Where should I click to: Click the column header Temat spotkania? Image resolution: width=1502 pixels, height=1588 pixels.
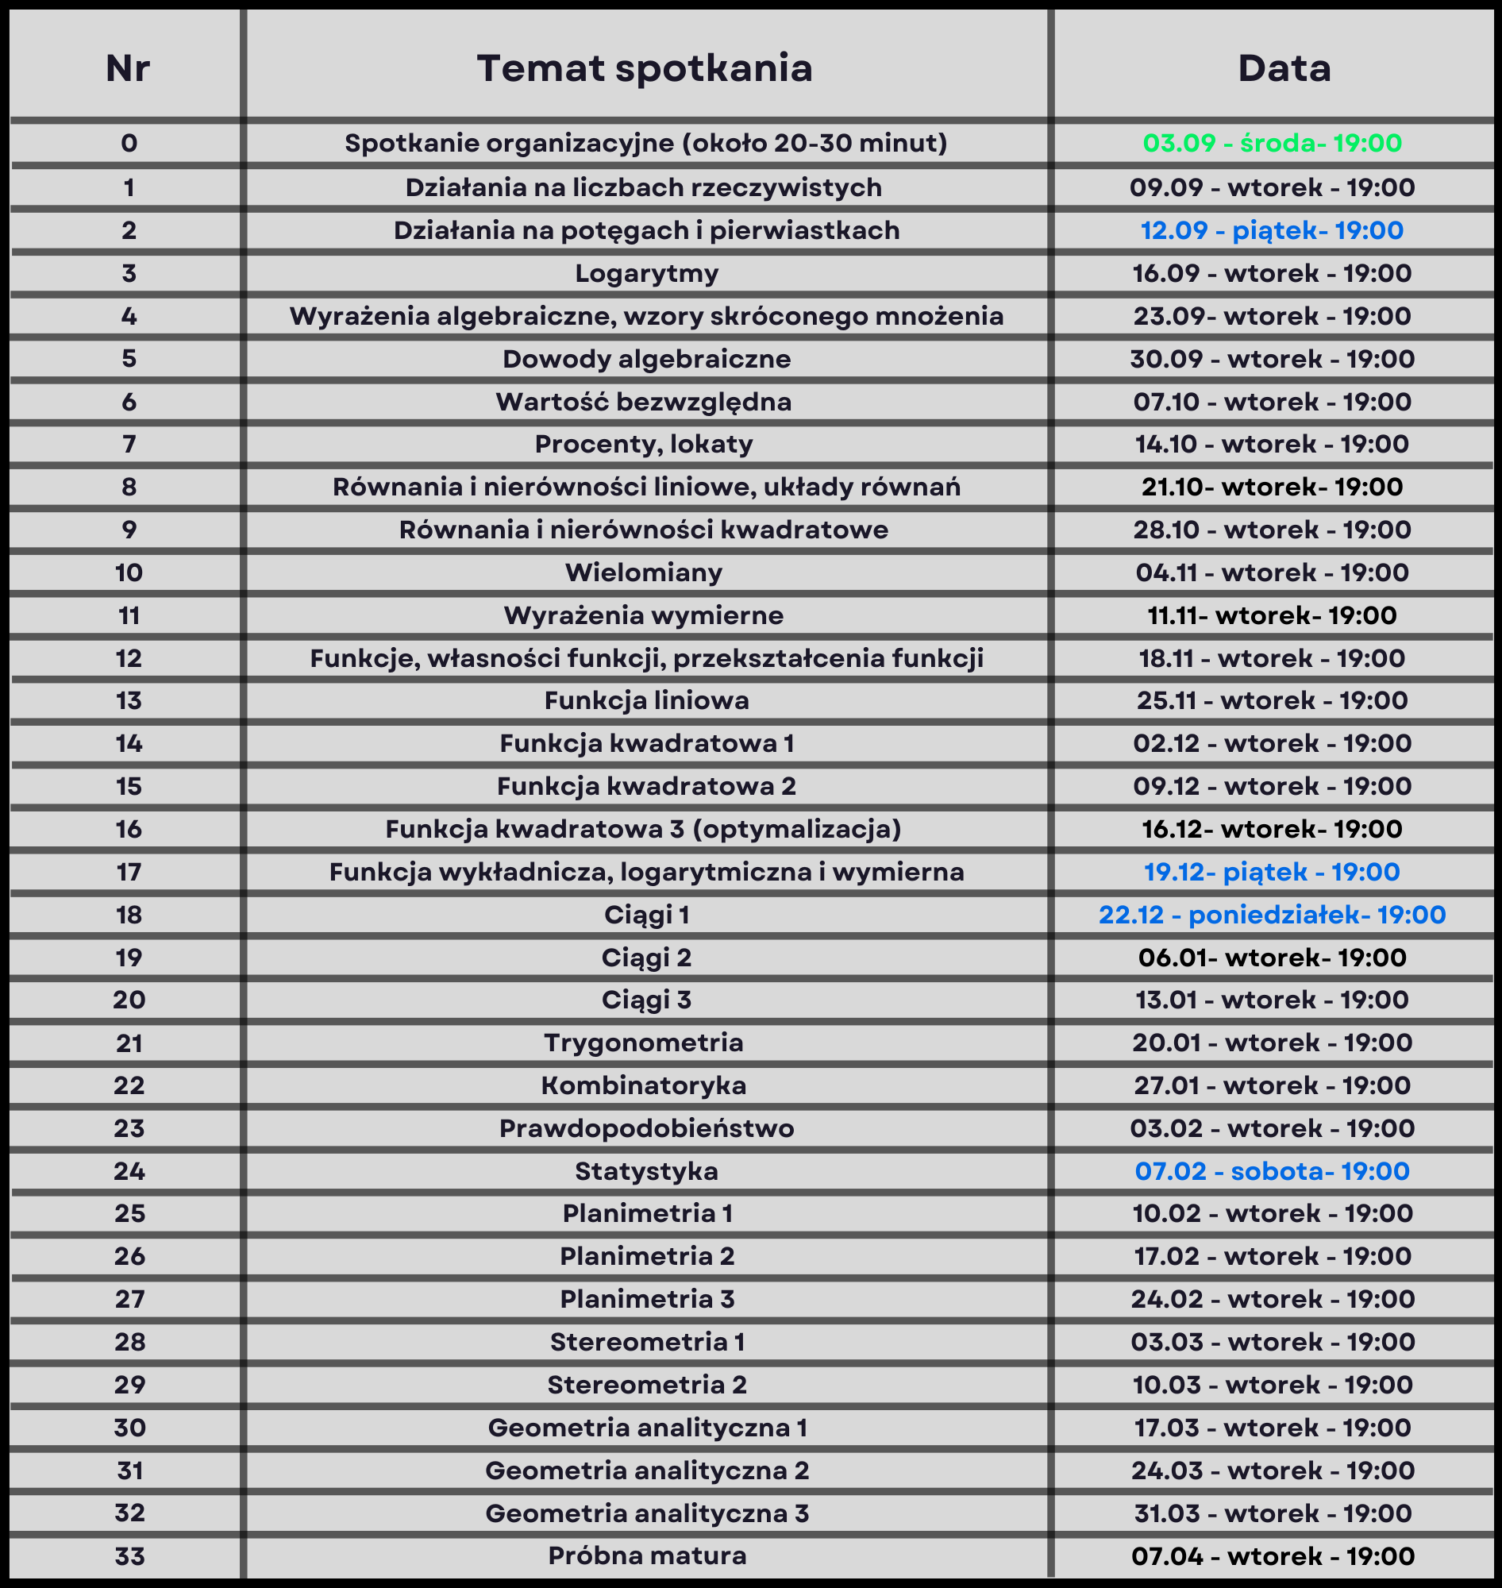pyautogui.click(x=645, y=68)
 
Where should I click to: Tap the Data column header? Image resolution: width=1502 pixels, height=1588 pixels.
pyautogui.click(x=1284, y=68)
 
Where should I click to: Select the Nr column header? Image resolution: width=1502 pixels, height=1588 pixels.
pyautogui.click(x=128, y=68)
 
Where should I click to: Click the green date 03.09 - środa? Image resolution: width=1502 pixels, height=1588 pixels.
pyautogui.click(x=1273, y=144)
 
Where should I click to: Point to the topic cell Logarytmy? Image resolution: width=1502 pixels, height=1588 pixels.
pyautogui.click(x=647, y=274)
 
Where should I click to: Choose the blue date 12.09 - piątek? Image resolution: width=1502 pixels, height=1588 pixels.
pyautogui.click(x=1273, y=230)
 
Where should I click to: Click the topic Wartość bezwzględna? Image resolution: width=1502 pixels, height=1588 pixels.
pyautogui.click(x=644, y=401)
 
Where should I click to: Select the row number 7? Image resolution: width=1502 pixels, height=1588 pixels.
pyautogui.click(x=129, y=444)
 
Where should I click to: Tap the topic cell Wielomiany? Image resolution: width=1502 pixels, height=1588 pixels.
pyautogui.click(x=644, y=572)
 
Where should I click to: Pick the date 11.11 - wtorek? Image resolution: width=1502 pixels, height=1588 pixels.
pyautogui.click(x=1273, y=615)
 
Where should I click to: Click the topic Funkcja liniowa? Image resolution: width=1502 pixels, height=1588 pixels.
pyautogui.click(x=647, y=701)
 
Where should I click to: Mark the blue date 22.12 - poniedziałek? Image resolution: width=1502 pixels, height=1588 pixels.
pyautogui.click(x=1273, y=915)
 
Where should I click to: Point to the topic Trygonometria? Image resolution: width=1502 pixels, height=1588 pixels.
pyautogui.click(x=644, y=1043)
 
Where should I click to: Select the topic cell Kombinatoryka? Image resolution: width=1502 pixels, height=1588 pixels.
pyautogui.click(x=644, y=1085)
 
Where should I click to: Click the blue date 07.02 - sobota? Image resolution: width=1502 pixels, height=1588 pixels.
pyautogui.click(x=1273, y=1172)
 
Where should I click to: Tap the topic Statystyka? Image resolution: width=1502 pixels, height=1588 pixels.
pyautogui.click(x=647, y=1172)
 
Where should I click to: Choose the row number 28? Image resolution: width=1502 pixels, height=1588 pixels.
pyautogui.click(x=129, y=1342)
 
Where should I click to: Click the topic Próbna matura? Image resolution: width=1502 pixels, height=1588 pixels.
pyautogui.click(x=647, y=1556)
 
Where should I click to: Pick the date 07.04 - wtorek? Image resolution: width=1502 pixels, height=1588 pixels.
pyautogui.click(x=1273, y=1556)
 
